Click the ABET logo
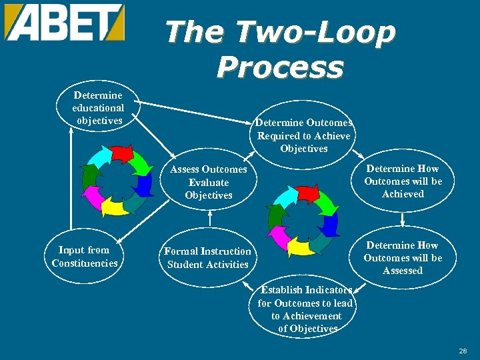coord(65,22)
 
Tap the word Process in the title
coord(280,67)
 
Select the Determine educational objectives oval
coord(98,108)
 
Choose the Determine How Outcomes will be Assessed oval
coord(403,258)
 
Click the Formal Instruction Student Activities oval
coord(207,258)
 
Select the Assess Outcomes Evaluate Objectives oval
coord(209,182)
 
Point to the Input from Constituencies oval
coord(85,257)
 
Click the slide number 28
coord(463,351)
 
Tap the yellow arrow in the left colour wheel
coord(114,207)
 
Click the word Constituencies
coord(85,263)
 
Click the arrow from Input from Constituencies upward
coord(71,180)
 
